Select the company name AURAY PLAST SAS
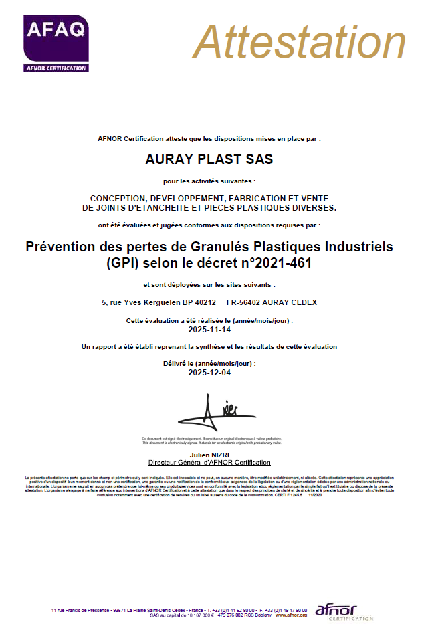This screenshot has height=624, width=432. [209, 160]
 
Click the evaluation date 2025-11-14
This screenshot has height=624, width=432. [209, 330]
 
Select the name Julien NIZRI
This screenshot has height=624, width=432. [209, 455]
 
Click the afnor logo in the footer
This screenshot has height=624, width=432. [336, 611]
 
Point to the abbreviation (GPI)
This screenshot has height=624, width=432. [120, 263]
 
